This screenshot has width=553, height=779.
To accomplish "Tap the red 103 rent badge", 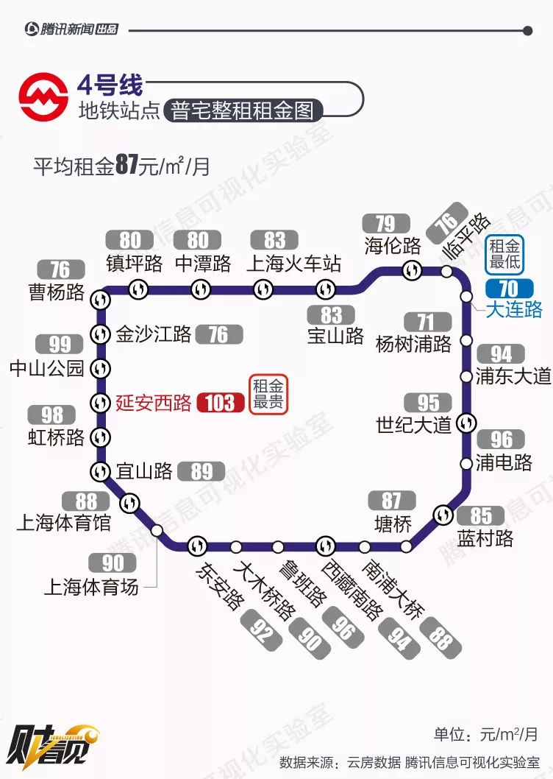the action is [220, 403].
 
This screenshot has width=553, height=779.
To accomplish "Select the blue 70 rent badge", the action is [508, 288].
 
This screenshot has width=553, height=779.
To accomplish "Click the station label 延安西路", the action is [154, 403].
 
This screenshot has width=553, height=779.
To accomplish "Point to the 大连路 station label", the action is [514, 309].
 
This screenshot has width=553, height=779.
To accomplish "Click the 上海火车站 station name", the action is [294, 264].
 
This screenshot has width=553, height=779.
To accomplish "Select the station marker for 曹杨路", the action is [101, 299].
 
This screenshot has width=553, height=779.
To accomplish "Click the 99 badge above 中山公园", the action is [60, 344].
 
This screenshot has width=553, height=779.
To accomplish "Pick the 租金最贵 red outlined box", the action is [268, 394].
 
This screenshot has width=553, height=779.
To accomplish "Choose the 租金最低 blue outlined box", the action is [505, 253].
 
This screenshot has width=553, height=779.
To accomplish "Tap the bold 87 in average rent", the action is [126, 165].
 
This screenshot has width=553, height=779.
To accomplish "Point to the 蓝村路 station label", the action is [485, 538].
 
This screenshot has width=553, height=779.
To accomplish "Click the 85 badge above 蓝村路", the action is [482, 515].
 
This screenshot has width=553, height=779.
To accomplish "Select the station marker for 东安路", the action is [197, 546].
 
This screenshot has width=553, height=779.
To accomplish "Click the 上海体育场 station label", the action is [91, 587].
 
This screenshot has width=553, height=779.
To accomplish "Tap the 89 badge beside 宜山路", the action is [201, 470].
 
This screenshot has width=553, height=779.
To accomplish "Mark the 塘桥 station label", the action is [392, 524].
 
